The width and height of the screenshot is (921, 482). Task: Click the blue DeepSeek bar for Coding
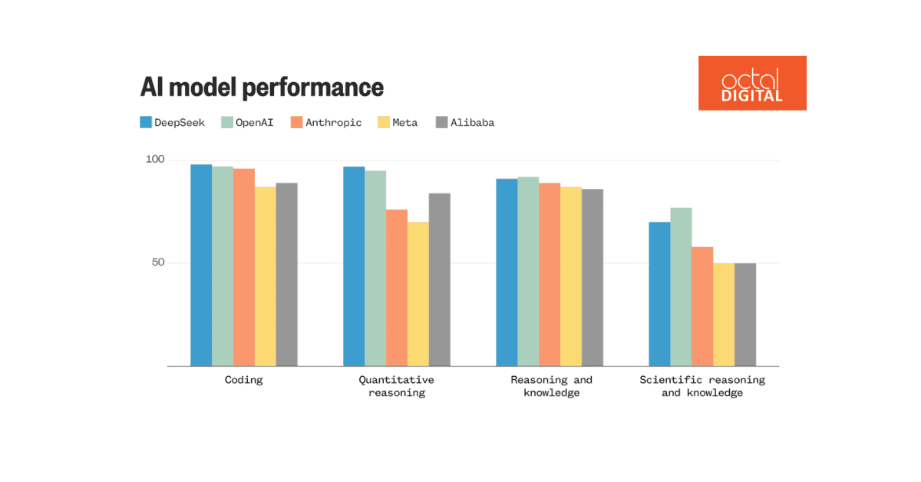click(x=201, y=265)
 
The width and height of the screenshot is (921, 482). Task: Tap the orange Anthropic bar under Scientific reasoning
click(x=702, y=306)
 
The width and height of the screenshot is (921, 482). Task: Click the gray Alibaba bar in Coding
click(x=286, y=274)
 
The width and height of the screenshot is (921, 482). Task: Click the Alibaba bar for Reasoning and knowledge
click(x=592, y=277)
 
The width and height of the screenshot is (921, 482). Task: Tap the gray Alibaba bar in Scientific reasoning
click(x=745, y=315)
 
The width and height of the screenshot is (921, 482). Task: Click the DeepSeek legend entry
click(x=173, y=122)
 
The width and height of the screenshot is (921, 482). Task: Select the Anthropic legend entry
click(x=325, y=122)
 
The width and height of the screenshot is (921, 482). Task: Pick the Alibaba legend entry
click(x=465, y=122)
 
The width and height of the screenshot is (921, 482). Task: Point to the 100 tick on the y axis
click(x=155, y=160)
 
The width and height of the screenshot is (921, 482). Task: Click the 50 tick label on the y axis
click(x=158, y=262)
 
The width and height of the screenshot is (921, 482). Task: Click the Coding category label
click(x=243, y=380)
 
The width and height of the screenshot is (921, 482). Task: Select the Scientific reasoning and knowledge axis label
click(x=702, y=386)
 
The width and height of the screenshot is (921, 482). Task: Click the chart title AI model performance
click(x=262, y=87)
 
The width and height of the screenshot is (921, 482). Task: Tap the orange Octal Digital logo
click(x=752, y=83)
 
